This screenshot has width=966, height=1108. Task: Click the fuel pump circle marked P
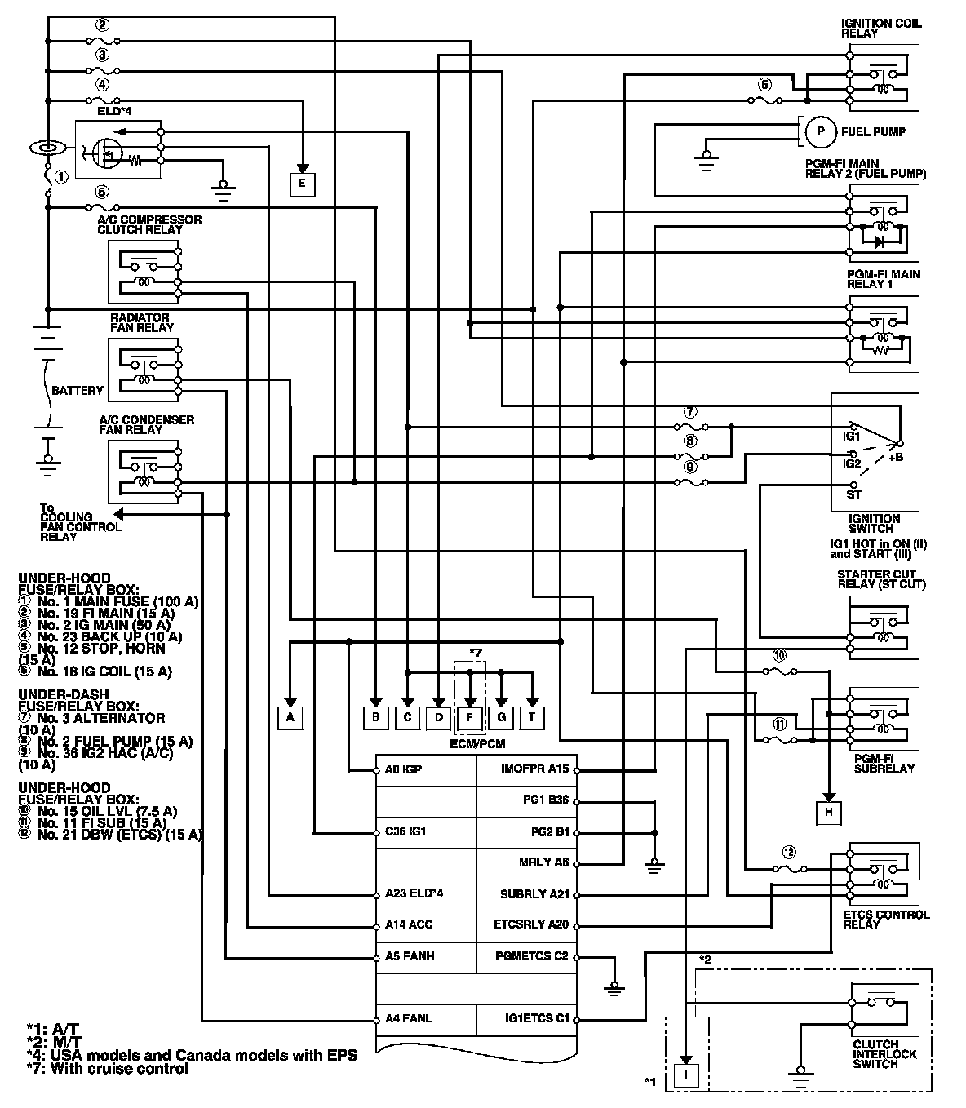(821, 131)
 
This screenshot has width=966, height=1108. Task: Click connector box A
(289, 717)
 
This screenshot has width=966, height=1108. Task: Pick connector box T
(532, 717)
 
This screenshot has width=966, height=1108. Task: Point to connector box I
(687, 1076)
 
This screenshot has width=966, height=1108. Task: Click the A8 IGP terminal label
(403, 769)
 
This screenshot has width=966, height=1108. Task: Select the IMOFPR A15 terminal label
(534, 769)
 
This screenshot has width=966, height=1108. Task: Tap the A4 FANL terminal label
(408, 1018)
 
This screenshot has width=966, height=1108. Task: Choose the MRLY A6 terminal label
(543, 862)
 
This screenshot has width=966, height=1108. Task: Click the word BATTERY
(78, 391)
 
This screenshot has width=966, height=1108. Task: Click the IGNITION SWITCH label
(874, 523)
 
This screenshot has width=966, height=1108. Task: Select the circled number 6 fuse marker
(764, 84)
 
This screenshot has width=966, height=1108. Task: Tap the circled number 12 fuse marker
(787, 852)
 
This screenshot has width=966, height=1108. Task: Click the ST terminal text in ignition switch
(853, 494)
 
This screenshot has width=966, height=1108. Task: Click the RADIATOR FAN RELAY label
(142, 322)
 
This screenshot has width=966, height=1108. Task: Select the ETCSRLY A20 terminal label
(531, 925)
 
